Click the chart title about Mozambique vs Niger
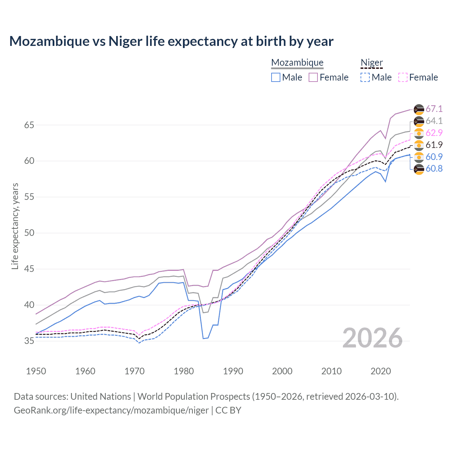(171, 41)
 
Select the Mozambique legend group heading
(297, 63)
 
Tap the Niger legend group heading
(371, 63)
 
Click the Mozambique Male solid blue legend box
(276, 77)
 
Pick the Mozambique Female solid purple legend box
(313, 77)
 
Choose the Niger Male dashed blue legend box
(365, 77)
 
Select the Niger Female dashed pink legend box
(403, 77)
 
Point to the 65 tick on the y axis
(29, 125)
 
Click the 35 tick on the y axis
(29, 341)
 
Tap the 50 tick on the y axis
(29, 233)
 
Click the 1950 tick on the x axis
(36, 371)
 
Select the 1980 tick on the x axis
(184, 371)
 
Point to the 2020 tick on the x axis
(381, 371)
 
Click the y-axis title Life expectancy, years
(15, 226)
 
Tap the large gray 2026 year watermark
(372, 338)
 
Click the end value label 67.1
(434, 109)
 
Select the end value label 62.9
(434, 133)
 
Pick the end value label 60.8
(434, 169)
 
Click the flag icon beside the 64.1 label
(419, 121)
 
